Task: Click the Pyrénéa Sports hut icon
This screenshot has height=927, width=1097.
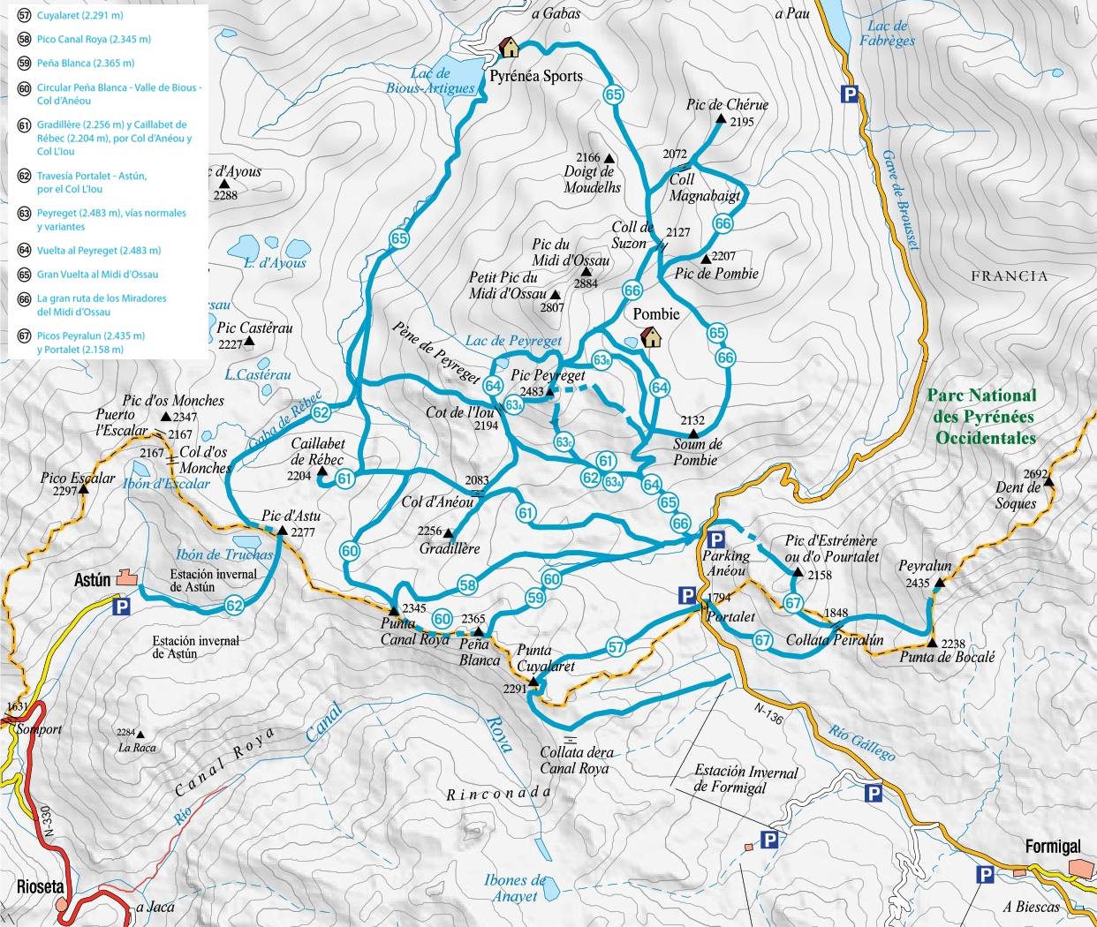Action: [x=509, y=47]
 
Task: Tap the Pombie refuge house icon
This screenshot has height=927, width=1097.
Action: [x=651, y=336]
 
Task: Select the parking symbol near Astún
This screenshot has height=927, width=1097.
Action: [x=121, y=607]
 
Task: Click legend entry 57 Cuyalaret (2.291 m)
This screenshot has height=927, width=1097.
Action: [x=79, y=15]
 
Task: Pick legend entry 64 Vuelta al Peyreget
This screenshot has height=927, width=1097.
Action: [x=98, y=250]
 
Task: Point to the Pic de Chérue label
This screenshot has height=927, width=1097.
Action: [x=727, y=104]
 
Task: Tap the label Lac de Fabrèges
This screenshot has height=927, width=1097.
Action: [x=887, y=34]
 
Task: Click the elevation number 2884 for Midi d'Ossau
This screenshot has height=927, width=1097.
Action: [x=586, y=283]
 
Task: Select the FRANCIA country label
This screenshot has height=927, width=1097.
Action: [x=1009, y=276]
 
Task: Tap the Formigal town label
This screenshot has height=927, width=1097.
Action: [x=1052, y=846]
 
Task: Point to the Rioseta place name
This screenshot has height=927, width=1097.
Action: [x=41, y=886]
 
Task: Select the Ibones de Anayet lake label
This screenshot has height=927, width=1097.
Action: [x=515, y=887]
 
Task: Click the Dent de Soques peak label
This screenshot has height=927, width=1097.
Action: [x=1017, y=495]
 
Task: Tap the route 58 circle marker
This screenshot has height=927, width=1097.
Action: [x=467, y=585]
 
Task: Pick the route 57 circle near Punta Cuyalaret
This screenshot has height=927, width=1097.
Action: [x=616, y=647]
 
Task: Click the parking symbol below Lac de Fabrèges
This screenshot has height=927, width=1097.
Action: [x=850, y=94]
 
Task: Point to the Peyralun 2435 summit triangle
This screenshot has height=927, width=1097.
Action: [x=940, y=583]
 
